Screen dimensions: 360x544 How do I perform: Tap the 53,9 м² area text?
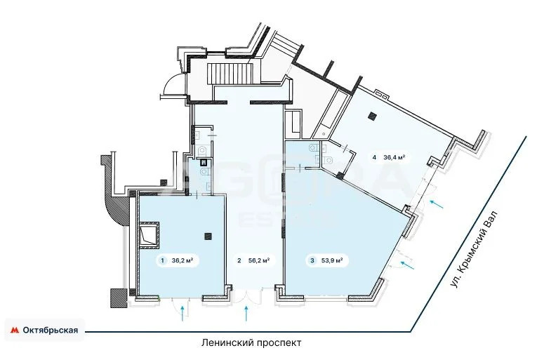point(331,261)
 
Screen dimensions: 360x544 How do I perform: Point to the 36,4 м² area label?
point(394,158)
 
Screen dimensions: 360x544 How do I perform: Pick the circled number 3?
point(312,261)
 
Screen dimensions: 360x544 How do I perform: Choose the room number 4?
point(375,158)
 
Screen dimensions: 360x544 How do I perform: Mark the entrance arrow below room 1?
point(185,312)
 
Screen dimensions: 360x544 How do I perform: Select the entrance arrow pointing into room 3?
point(406,263)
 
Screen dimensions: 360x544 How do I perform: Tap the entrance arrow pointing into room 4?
point(437,204)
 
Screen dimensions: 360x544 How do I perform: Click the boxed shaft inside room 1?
point(150,235)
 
